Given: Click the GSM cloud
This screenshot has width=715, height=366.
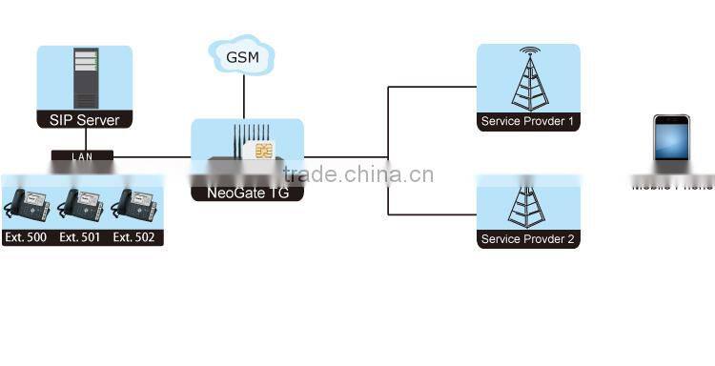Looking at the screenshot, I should click(244, 56).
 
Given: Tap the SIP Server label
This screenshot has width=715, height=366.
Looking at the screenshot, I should click(84, 120).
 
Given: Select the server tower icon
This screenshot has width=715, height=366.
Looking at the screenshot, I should click(85, 79).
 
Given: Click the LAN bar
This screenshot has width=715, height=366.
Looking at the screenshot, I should click(82, 155).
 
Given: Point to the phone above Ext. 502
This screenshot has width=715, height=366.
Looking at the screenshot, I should click(134, 205).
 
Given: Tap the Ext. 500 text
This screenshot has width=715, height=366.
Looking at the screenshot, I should click(26, 237).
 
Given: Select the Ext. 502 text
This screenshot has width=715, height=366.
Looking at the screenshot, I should click(134, 237).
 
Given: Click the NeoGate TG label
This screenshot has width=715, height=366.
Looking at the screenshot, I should click(247, 193).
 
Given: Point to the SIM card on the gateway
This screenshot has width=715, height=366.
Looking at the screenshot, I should click(260, 152).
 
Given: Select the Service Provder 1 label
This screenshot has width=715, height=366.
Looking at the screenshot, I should click(528, 122).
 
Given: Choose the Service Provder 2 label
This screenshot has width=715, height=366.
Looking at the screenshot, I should click(528, 239).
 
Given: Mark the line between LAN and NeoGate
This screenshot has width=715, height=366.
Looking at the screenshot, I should click(153, 156).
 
